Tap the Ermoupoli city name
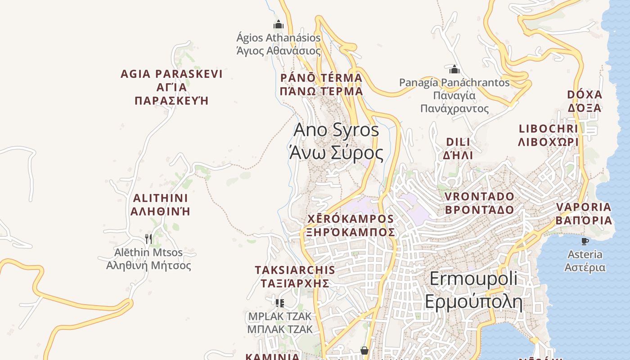point(473,290)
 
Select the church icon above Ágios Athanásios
point(279,24)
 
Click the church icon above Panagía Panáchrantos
point(454,69)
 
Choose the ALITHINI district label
point(160,205)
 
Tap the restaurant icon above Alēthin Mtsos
point(148,238)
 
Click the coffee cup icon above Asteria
point(585,242)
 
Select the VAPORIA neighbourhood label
point(584,214)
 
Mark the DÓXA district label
point(584,101)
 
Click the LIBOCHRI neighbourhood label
point(548,135)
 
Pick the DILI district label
point(458,148)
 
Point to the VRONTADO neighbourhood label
point(479,203)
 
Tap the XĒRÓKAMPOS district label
point(350,225)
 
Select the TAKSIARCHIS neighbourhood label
point(295,276)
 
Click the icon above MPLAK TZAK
point(279,303)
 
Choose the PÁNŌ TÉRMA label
point(321,84)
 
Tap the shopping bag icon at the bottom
point(364,350)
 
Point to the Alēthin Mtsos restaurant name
point(148,259)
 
